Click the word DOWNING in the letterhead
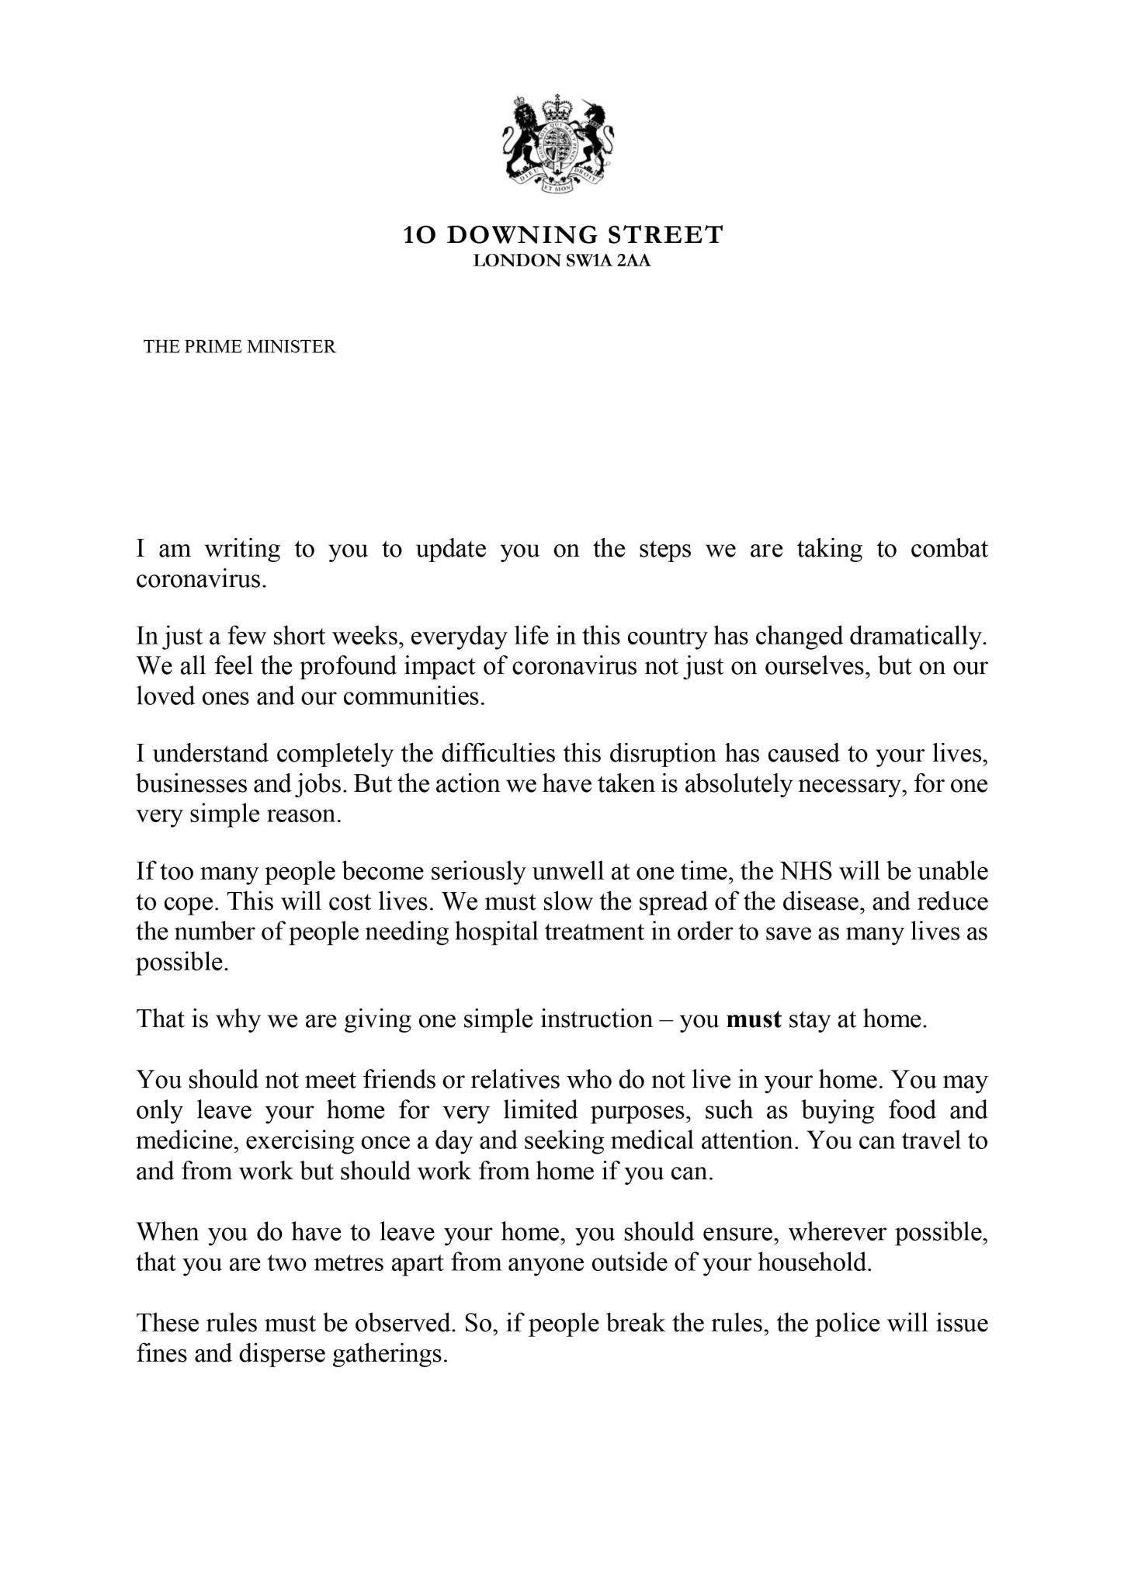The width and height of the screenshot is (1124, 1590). pyautogui.click(x=518, y=235)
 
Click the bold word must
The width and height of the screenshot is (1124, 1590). pyautogui.click(x=754, y=1019)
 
